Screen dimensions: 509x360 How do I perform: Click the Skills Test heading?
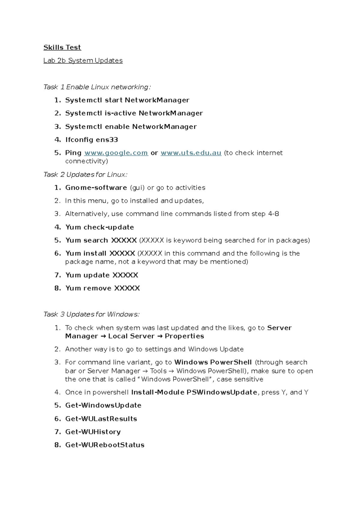pos(62,47)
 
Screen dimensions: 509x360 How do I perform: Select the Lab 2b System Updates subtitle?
pos(83,61)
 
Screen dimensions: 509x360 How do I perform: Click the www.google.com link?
pos(116,153)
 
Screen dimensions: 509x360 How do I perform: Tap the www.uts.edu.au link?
pos(191,153)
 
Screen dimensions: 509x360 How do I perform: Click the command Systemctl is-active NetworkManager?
pos(134,113)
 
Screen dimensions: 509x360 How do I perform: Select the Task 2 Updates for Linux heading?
pos(85,174)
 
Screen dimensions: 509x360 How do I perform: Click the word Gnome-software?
pos(96,188)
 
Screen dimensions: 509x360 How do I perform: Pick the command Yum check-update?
pos(100,227)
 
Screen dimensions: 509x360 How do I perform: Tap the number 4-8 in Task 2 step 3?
pos(273,214)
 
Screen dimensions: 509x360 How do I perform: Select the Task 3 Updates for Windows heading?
pos(91,314)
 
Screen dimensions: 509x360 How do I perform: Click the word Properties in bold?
pos(184,336)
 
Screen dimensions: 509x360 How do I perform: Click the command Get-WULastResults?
pos(101,419)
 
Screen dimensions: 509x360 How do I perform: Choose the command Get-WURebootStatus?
pos(105,445)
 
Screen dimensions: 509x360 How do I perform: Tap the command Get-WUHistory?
pos(93,432)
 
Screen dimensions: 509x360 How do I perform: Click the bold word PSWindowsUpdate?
pos(222,392)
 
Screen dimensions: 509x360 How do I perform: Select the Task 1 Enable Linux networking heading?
pos(97,87)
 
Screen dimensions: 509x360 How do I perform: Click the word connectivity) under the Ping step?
pos(86,161)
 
